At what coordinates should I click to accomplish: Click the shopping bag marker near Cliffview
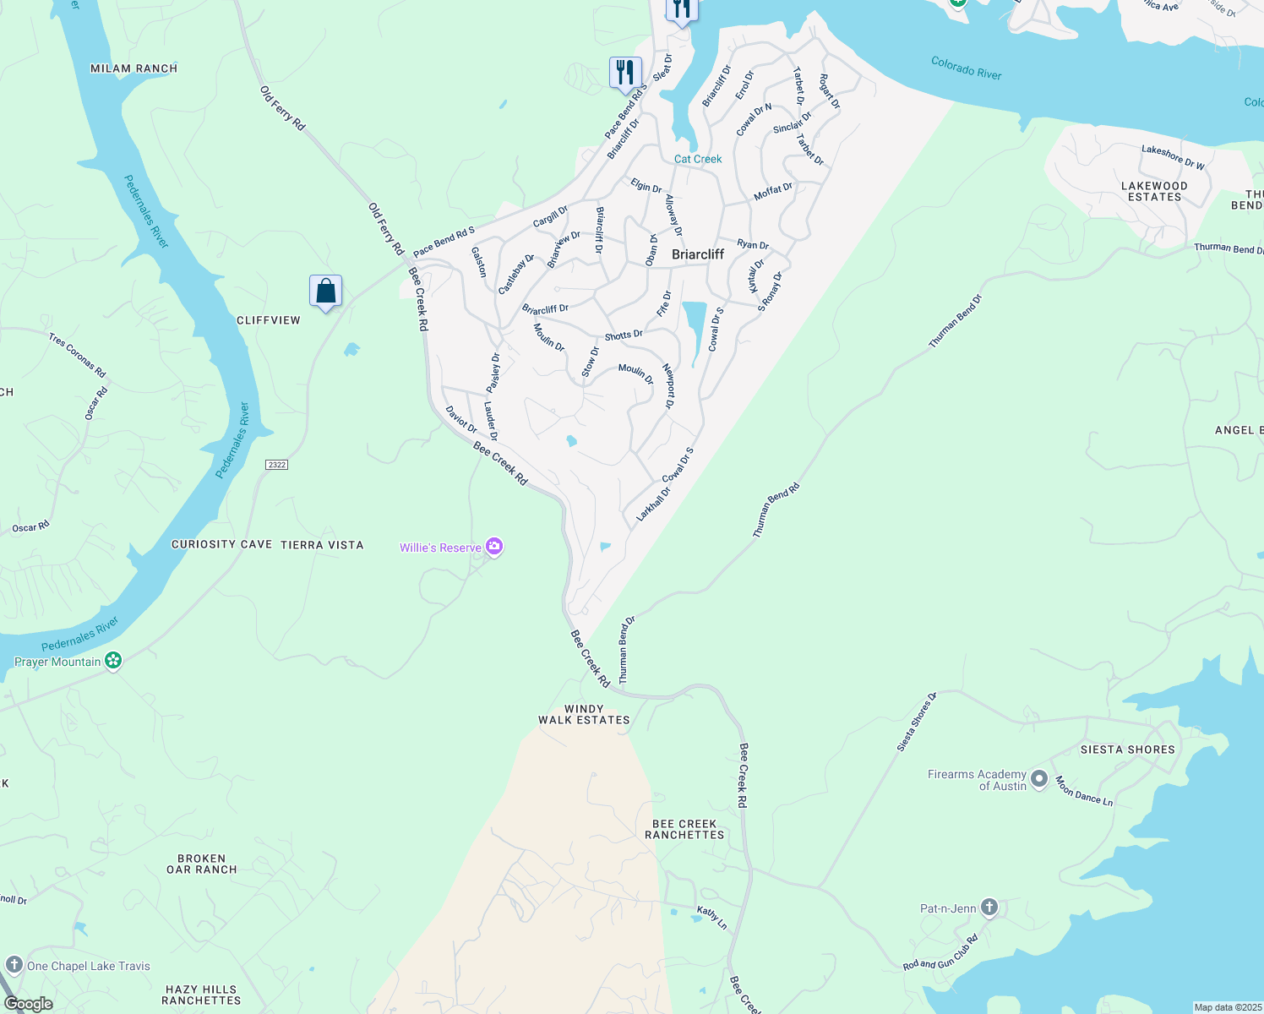pyautogui.click(x=325, y=292)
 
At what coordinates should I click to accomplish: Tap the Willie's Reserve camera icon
pyautogui.click(x=494, y=548)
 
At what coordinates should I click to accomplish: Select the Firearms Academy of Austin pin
pyautogui.click(x=1039, y=779)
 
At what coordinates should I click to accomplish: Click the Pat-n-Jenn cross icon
pyautogui.click(x=989, y=908)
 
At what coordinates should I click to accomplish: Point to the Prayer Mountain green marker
pyautogui.click(x=113, y=662)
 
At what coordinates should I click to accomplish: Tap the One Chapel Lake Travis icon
pyautogui.click(x=14, y=965)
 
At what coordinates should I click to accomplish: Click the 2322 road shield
pyautogui.click(x=276, y=465)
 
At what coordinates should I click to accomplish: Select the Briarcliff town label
pyautogui.click(x=698, y=254)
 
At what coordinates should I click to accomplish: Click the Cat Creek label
pyautogui.click(x=698, y=159)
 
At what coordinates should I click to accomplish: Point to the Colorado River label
pyautogui.click(x=966, y=68)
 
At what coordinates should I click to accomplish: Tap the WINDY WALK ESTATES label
pyautogui.click(x=584, y=715)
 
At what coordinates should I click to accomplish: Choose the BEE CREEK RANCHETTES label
pyautogui.click(x=684, y=829)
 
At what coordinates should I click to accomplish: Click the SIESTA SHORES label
pyautogui.click(x=1127, y=750)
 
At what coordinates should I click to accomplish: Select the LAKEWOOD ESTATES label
pyautogui.click(x=1154, y=191)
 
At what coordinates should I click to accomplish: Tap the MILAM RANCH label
pyautogui.click(x=134, y=68)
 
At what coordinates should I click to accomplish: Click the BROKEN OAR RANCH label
pyautogui.click(x=202, y=864)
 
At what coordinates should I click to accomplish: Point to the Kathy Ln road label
pyautogui.click(x=711, y=917)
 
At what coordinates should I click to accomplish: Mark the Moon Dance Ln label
pyautogui.click(x=1084, y=791)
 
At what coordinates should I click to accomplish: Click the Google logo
pyautogui.click(x=28, y=1004)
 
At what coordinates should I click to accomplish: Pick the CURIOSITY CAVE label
pyautogui.click(x=221, y=545)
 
